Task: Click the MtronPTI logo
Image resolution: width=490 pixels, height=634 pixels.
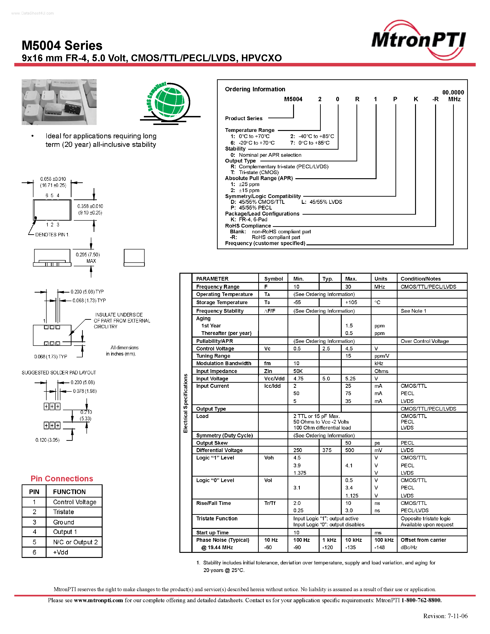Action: click(419, 40)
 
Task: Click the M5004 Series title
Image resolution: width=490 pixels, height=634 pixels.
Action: click(62, 46)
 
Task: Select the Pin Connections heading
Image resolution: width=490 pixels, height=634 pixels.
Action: click(62, 479)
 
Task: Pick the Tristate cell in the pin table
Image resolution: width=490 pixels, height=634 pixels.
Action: click(64, 512)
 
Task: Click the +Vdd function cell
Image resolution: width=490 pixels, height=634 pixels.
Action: click(61, 552)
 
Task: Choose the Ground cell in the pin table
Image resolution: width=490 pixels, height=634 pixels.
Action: click(64, 522)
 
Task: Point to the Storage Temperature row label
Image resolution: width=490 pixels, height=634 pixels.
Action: click(222, 302)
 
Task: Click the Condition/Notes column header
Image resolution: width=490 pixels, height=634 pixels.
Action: click(421, 279)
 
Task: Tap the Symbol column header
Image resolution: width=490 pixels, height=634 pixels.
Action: click(273, 279)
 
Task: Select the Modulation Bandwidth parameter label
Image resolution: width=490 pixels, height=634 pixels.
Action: click(223, 363)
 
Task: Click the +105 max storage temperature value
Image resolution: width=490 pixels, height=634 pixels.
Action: click(351, 302)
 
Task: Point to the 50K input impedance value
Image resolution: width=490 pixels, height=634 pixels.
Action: click(298, 371)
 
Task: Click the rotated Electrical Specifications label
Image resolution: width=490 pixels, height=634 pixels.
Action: click(185, 403)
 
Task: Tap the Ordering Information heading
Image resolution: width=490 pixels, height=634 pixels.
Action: click(255, 89)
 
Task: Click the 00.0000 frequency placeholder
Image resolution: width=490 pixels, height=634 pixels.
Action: click(453, 92)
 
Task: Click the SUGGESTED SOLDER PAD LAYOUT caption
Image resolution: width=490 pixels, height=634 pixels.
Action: click(59, 372)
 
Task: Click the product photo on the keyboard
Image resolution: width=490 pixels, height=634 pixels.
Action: click(59, 102)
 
